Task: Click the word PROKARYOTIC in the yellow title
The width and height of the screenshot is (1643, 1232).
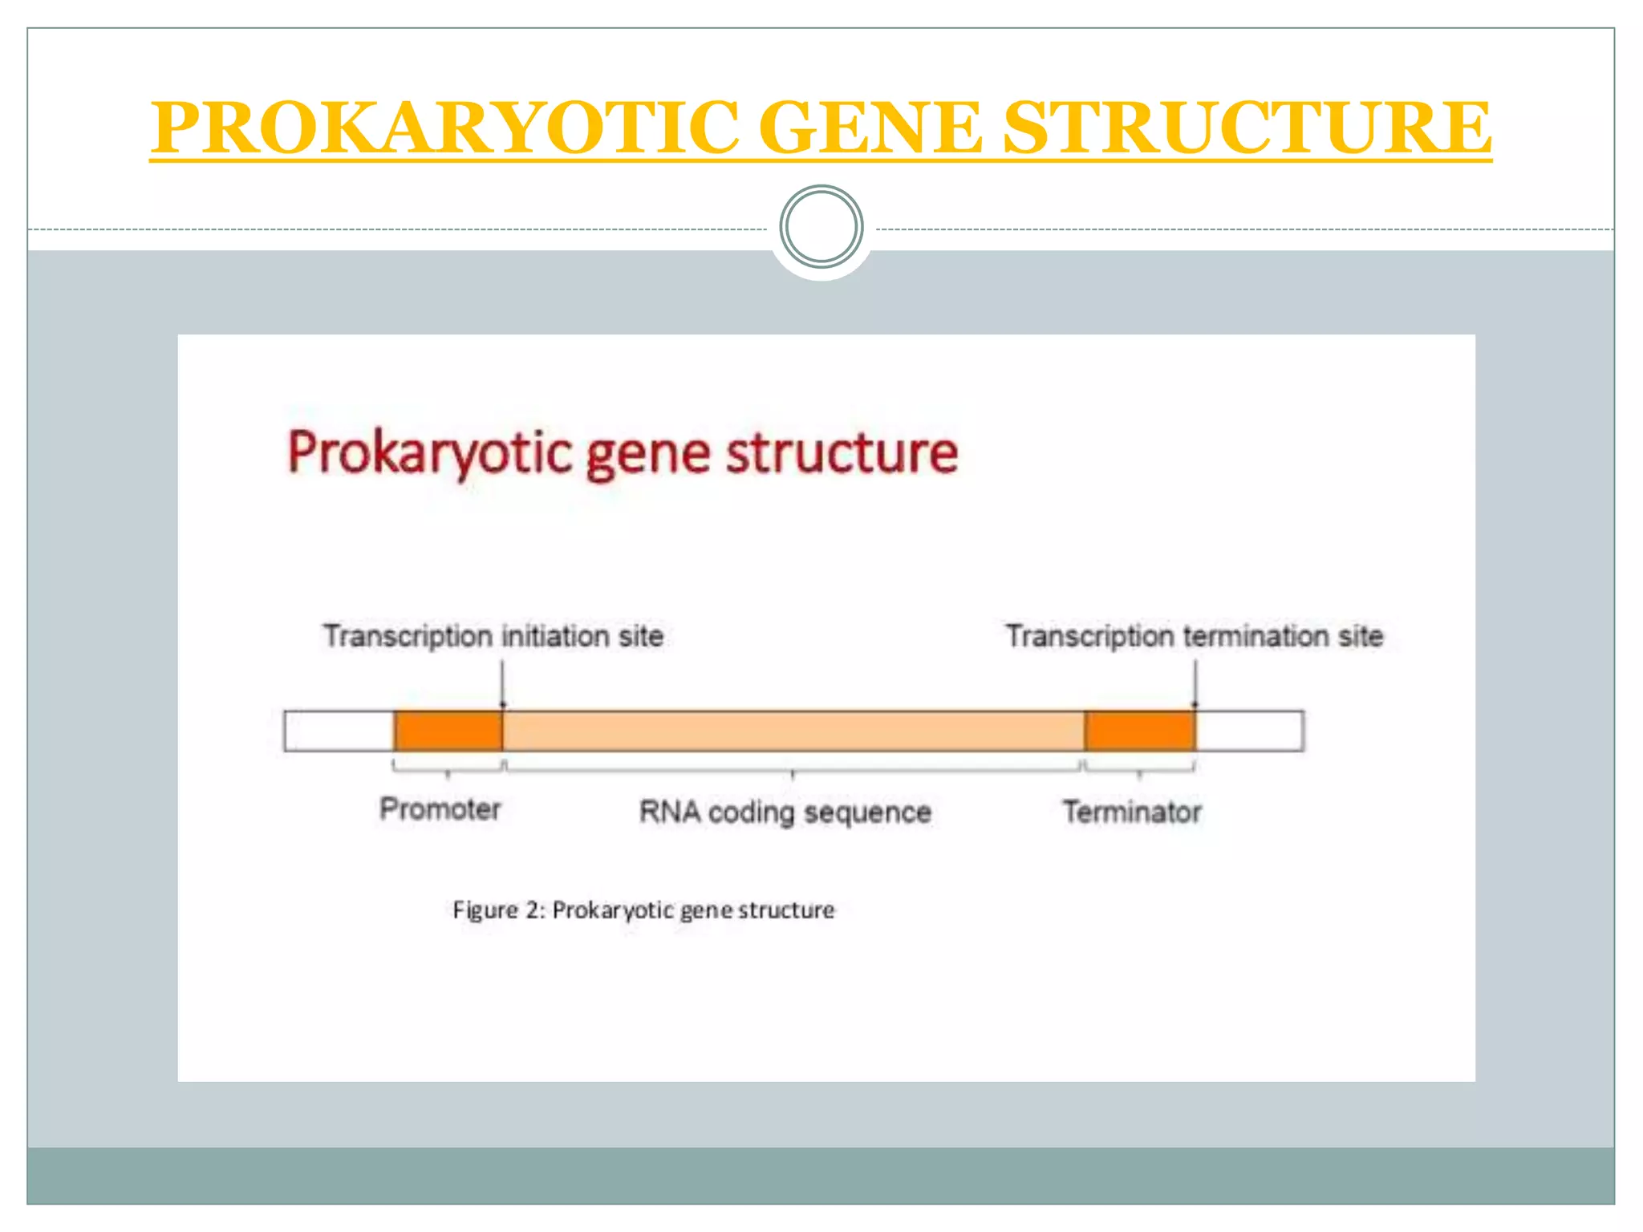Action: [x=445, y=128]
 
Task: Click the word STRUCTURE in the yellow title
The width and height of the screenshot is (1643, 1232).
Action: [x=1247, y=128]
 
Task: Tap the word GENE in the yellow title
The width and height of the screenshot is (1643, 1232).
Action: [x=870, y=128]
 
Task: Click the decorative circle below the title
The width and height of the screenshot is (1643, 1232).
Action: [x=821, y=227]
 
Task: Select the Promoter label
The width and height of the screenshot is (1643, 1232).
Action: [x=440, y=809]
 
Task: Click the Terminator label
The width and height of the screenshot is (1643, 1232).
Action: [x=1132, y=813]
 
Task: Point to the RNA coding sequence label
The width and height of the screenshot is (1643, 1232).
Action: [x=785, y=813]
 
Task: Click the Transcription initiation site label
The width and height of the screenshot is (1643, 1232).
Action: [x=493, y=636]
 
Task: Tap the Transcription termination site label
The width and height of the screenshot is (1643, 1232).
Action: [x=1195, y=636]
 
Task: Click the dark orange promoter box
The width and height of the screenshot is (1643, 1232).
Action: [x=448, y=731]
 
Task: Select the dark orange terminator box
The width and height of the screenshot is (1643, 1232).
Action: [x=1139, y=731]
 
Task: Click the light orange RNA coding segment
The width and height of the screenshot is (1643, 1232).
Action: [x=793, y=731]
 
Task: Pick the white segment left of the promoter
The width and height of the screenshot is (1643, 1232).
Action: [x=338, y=731]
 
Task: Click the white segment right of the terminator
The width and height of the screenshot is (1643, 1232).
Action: [x=1249, y=731]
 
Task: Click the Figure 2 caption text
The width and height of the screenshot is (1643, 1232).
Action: [x=643, y=910]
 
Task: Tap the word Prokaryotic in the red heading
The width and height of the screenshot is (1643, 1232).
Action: [x=428, y=454]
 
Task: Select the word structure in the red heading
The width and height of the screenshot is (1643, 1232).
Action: [x=842, y=454]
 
